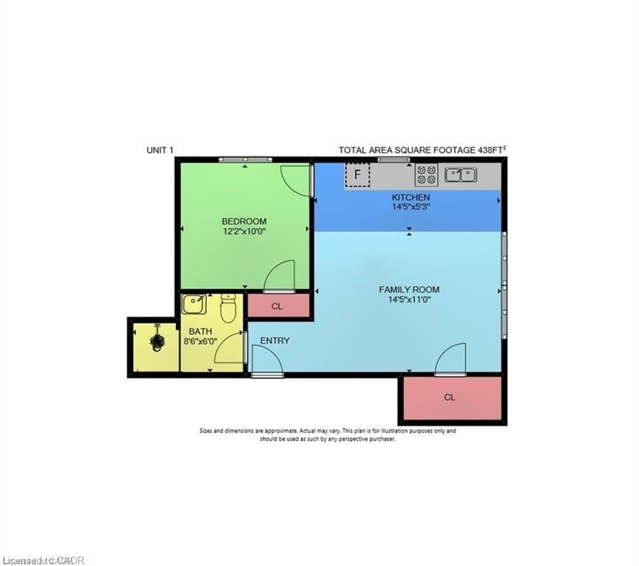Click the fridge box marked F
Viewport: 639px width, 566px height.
pyautogui.click(x=357, y=174)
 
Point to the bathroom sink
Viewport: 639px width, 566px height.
pyautogui.click(x=194, y=304)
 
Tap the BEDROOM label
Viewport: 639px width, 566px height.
pyautogui.click(x=244, y=221)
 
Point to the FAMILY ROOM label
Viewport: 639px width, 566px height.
pyautogui.click(x=409, y=290)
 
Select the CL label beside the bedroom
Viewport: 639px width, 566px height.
pyautogui.click(x=277, y=306)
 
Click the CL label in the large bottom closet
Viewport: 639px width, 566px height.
pyautogui.click(x=449, y=397)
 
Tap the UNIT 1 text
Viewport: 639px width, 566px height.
pyautogui.click(x=160, y=150)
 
